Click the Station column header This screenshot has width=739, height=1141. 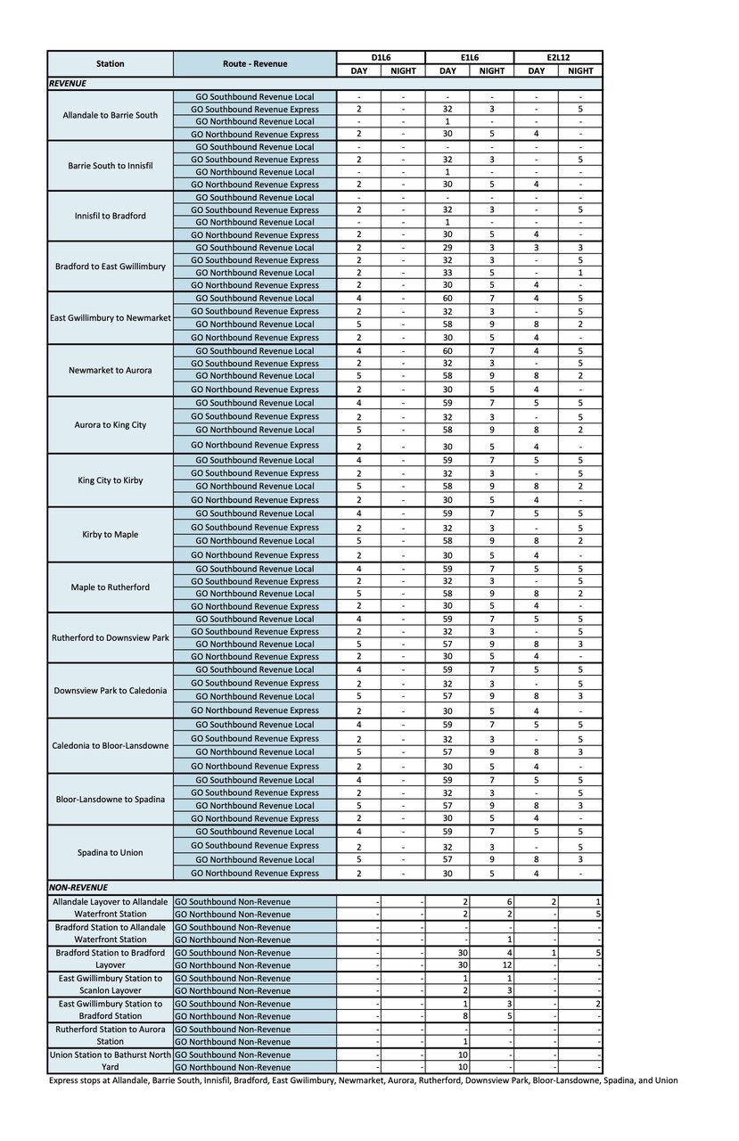(111, 64)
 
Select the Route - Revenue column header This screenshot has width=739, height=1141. (254, 64)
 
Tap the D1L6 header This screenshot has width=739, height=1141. (380, 57)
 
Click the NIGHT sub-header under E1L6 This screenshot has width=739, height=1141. (491, 70)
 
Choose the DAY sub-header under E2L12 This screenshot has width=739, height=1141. (536, 70)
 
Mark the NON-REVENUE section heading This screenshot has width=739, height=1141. (78, 888)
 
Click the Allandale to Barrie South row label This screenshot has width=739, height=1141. (111, 115)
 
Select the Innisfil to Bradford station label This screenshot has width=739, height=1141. (111, 216)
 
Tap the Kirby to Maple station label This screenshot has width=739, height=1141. (111, 535)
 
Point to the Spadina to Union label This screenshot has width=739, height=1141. (111, 853)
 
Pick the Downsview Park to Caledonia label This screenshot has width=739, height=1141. (111, 690)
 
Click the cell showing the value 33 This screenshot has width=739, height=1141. (448, 273)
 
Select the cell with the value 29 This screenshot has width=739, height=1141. (448, 247)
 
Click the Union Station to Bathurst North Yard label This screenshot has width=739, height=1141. (111, 1061)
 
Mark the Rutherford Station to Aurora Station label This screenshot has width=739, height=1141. (111, 1035)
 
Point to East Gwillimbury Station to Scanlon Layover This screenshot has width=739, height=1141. (111, 984)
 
